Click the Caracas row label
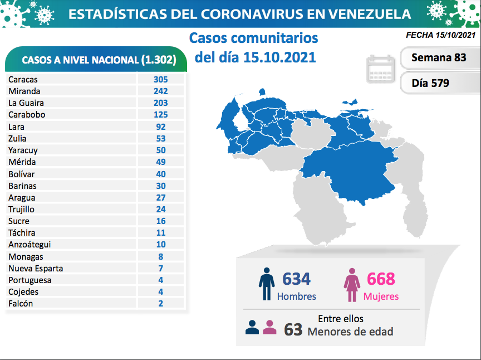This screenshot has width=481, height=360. (23, 79)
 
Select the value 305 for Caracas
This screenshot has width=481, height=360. (161, 79)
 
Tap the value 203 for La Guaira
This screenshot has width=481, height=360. (161, 103)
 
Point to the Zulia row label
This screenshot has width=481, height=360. (17, 138)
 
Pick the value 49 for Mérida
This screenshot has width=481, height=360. (161, 162)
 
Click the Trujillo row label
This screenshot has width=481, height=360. (21, 209)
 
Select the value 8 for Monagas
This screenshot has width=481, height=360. (161, 256)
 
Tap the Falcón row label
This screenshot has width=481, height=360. (21, 303)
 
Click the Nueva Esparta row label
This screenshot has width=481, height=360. (36, 268)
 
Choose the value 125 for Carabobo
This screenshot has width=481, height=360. (161, 114)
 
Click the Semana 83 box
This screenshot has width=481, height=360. (439, 57)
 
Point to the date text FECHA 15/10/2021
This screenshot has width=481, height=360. (441, 35)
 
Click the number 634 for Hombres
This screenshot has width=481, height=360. (296, 279)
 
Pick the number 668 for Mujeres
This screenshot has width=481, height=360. (381, 279)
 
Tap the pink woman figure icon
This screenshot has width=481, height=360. (352, 285)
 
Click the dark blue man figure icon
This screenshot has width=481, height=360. (267, 285)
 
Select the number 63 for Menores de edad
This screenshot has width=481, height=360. (293, 329)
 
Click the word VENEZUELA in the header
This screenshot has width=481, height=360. (368, 14)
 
